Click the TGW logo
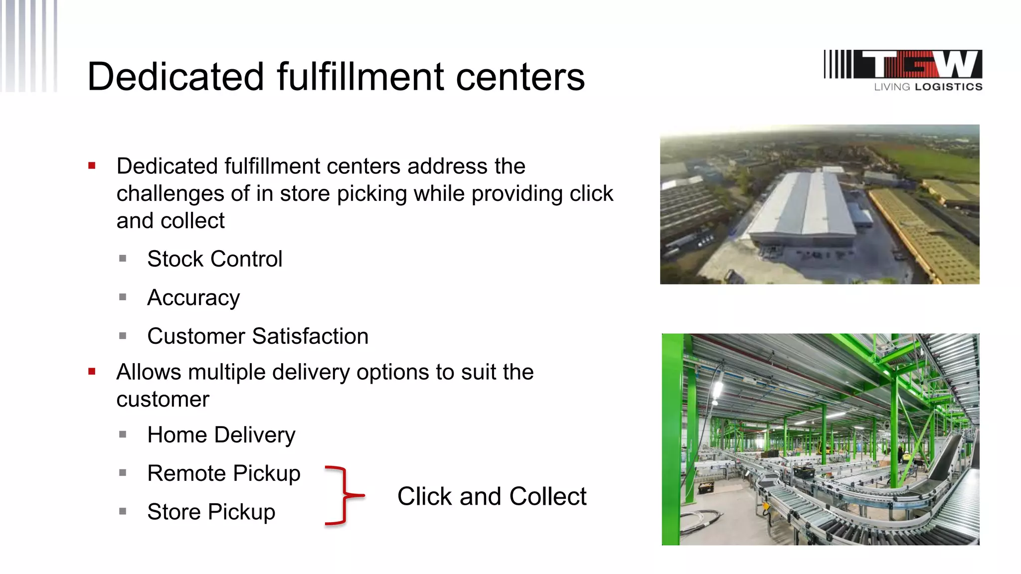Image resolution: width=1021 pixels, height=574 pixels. (903, 65)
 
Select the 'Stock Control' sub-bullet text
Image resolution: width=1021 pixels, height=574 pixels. (215, 259)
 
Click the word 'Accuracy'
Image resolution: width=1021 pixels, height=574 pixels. (193, 298)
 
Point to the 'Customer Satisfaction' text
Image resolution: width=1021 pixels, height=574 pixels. (258, 336)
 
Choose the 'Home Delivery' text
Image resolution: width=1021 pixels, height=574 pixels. (221, 435)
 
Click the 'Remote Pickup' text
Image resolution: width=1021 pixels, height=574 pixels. (224, 473)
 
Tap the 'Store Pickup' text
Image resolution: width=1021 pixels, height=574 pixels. (211, 512)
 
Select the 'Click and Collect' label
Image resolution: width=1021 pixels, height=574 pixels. (492, 497)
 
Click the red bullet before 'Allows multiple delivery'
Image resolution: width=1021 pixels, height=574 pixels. (92, 371)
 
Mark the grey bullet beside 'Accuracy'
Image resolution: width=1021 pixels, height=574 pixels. (123, 297)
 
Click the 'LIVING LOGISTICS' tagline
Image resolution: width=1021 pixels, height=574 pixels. (928, 87)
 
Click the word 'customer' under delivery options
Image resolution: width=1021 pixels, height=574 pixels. (163, 400)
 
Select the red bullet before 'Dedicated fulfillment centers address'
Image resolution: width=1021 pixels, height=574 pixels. (92, 166)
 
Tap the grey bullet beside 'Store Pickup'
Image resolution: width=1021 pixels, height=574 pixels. (123, 511)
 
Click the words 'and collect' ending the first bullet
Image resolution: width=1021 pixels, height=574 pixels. (170, 221)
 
